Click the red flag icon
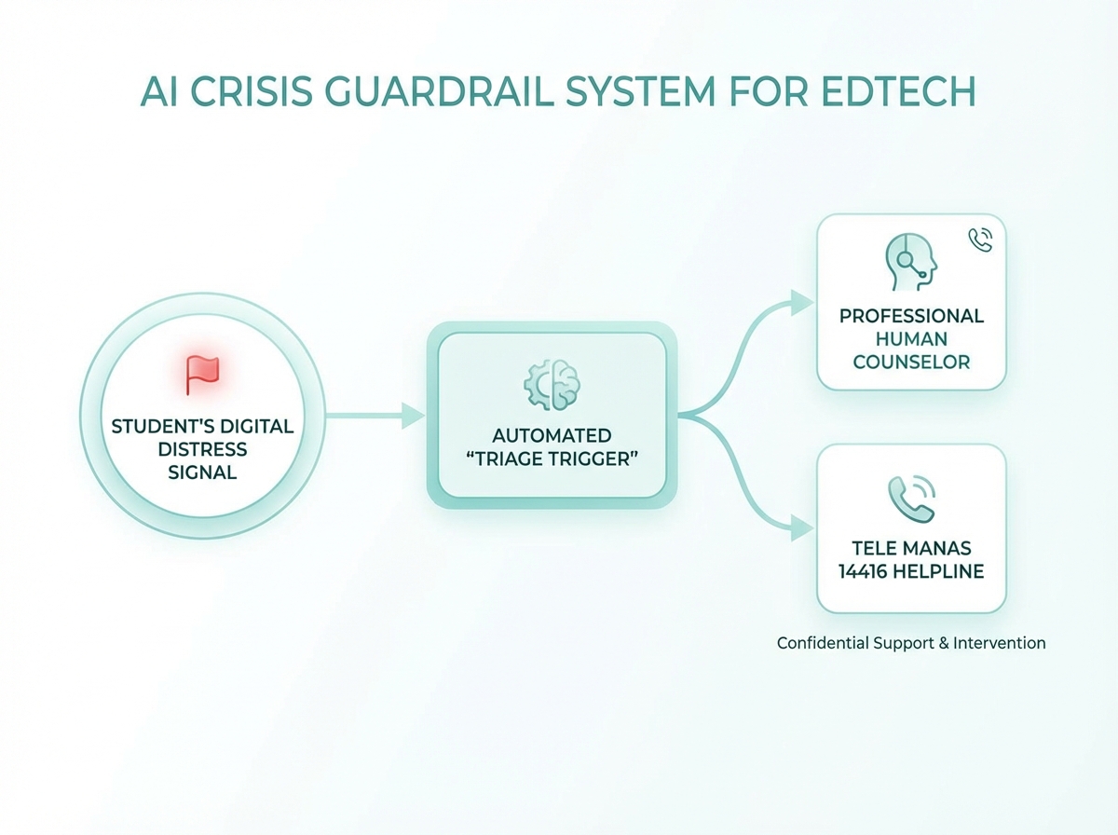(202, 374)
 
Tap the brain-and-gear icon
(552, 382)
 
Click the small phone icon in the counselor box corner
(980, 240)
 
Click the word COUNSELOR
(911, 362)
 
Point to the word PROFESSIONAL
(911, 316)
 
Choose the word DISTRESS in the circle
(202, 449)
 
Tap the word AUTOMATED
(552, 435)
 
